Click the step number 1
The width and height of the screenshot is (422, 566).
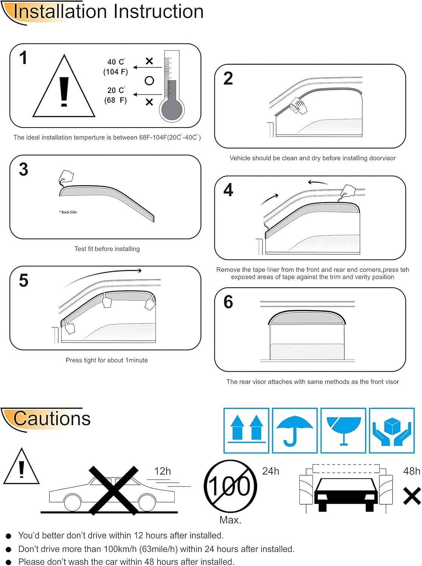[x=23, y=58]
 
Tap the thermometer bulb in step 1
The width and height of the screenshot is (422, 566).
[x=172, y=110]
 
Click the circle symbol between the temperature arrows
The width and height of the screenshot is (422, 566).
[x=149, y=81]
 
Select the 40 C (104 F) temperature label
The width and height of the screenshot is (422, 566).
[x=116, y=67]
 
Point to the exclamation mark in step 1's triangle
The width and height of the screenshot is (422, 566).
[x=64, y=92]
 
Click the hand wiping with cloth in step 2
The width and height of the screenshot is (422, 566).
[x=299, y=106]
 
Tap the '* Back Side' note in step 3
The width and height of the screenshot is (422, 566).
[x=68, y=212]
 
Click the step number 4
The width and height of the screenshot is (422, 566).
[x=228, y=190]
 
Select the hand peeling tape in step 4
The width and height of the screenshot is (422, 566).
[x=348, y=191]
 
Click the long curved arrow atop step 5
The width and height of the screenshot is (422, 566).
[x=102, y=275]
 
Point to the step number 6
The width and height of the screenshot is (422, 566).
[x=228, y=302]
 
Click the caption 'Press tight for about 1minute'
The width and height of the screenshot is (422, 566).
[x=107, y=360]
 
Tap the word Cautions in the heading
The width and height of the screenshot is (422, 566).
[x=52, y=418]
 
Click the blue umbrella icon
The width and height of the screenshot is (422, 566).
[x=294, y=431]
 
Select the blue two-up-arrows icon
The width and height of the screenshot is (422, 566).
[x=246, y=431]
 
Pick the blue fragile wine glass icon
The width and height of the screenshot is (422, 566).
[x=343, y=431]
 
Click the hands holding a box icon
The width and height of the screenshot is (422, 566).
[x=392, y=431]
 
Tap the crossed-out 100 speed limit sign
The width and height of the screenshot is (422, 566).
[x=230, y=486]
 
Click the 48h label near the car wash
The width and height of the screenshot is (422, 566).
[x=411, y=471]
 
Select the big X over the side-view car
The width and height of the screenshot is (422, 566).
[x=114, y=490]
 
